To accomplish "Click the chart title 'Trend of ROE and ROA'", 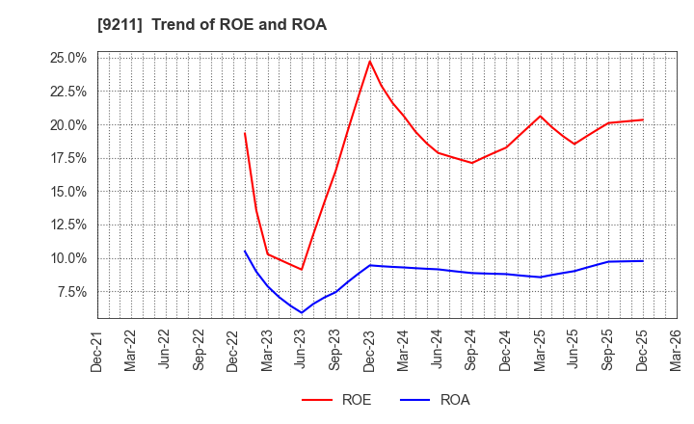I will pos(239,25).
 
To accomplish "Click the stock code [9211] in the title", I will pos(116,25).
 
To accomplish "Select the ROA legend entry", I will pos(453,400).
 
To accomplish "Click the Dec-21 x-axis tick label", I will pos(97,352).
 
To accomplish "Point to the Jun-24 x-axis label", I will pos(439,352).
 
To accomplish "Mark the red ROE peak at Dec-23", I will pos(370,61).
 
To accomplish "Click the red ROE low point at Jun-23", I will pos(302,269).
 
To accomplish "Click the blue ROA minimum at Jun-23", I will pos(302,312).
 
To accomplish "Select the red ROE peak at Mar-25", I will pos(541,117).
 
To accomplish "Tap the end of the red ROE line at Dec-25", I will pos(643,119).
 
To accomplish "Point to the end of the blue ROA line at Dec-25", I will pos(643,261).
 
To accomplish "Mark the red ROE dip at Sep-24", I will pos(472,162).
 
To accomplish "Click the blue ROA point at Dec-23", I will pos(370,265).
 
